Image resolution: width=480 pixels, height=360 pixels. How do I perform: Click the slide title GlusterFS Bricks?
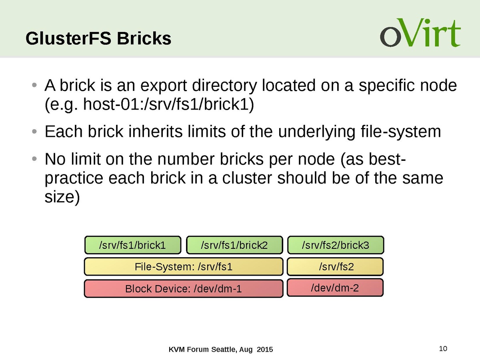click(98, 39)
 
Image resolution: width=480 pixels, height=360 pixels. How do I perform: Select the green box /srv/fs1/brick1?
click(132, 245)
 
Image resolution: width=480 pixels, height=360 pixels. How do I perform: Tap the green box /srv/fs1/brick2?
click(234, 245)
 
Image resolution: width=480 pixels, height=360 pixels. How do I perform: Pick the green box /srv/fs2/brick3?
click(336, 245)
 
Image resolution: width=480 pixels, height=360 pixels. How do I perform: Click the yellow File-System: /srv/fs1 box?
click(184, 266)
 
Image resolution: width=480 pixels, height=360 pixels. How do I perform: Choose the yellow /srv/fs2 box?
click(336, 266)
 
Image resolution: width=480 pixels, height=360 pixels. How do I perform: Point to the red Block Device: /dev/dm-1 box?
click(184, 288)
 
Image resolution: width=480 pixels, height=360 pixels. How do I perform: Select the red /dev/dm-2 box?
click(335, 287)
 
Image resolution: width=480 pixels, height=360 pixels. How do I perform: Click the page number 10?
click(443, 348)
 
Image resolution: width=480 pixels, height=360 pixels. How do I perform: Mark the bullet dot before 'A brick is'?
click(35, 86)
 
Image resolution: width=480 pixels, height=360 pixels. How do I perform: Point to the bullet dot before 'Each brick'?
click(35, 131)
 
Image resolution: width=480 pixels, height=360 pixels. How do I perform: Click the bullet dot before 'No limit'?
click(35, 160)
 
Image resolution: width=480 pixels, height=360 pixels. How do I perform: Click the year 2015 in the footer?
click(264, 350)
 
